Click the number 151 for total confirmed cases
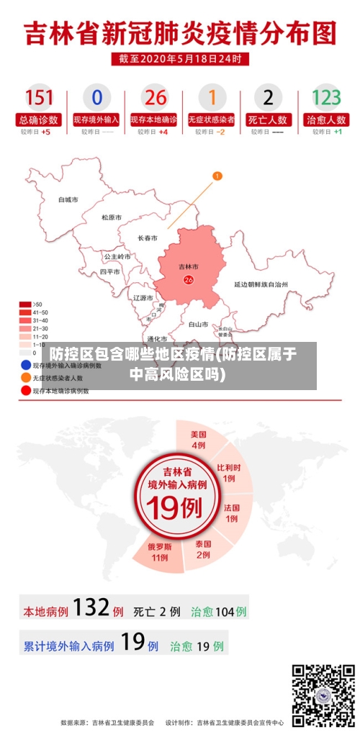(x=40, y=96)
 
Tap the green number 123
(x=326, y=96)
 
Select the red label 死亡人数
(x=269, y=119)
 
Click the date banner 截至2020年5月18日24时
(x=180, y=59)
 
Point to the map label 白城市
(x=68, y=199)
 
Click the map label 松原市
(x=111, y=217)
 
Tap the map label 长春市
(x=148, y=238)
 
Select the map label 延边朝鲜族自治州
(x=261, y=284)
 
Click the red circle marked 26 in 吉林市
(x=189, y=280)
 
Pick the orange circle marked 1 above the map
(x=217, y=175)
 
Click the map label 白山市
(x=198, y=325)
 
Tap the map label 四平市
(x=110, y=272)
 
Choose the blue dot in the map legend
(x=27, y=365)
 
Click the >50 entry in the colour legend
(x=25, y=304)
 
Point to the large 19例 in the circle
(x=174, y=508)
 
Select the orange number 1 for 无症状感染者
(x=212, y=96)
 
